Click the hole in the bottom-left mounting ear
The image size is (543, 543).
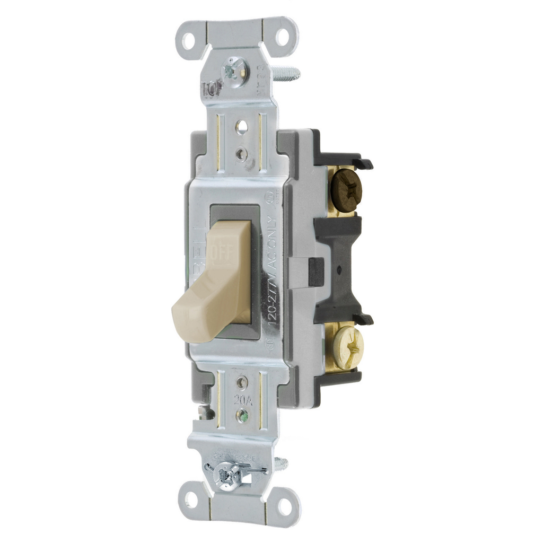click(x=191, y=499)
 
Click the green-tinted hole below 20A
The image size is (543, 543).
click(x=242, y=415)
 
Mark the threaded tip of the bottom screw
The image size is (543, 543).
click(x=281, y=465)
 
